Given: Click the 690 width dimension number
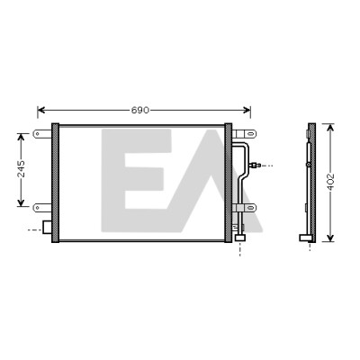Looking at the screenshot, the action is (140, 110).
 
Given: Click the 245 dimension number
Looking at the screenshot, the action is (21, 168).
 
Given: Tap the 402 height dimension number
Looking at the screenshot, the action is (330, 182).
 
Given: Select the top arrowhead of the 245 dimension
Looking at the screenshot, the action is (21, 137).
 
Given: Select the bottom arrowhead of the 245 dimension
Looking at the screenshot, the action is (21, 203).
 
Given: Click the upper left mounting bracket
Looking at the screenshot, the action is (42, 133).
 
